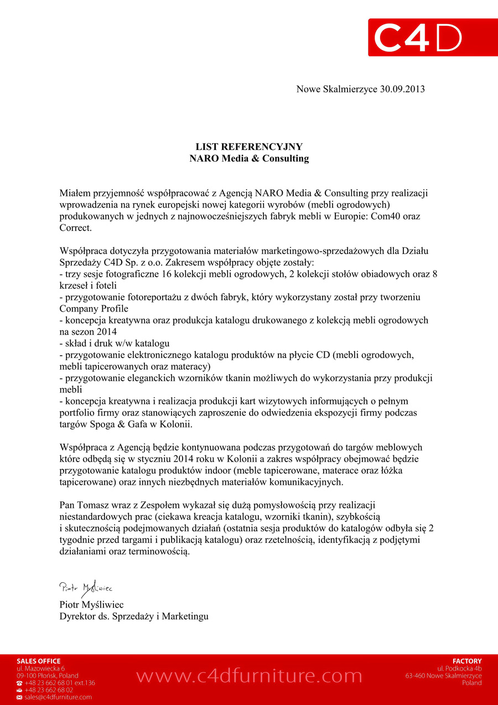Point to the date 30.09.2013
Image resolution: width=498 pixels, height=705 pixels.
(402, 89)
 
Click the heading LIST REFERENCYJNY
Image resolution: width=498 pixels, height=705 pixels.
(249, 147)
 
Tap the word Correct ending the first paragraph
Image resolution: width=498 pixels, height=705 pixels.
(75, 228)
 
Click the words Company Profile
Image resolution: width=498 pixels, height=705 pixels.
(94, 309)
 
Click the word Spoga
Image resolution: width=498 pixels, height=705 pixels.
(101, 424)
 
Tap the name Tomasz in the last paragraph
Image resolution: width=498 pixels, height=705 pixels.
(92, 505)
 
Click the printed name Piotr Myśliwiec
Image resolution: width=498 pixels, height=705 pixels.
(91, 604)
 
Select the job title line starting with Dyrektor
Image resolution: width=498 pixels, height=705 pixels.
(134, 616)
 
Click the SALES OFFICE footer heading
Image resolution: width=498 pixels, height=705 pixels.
(39, 661)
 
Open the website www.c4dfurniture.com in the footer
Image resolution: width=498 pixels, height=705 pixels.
(249, 676)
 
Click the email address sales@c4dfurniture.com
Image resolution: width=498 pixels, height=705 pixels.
(58, 697)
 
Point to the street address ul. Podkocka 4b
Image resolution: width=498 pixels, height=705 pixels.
(459, 668)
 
